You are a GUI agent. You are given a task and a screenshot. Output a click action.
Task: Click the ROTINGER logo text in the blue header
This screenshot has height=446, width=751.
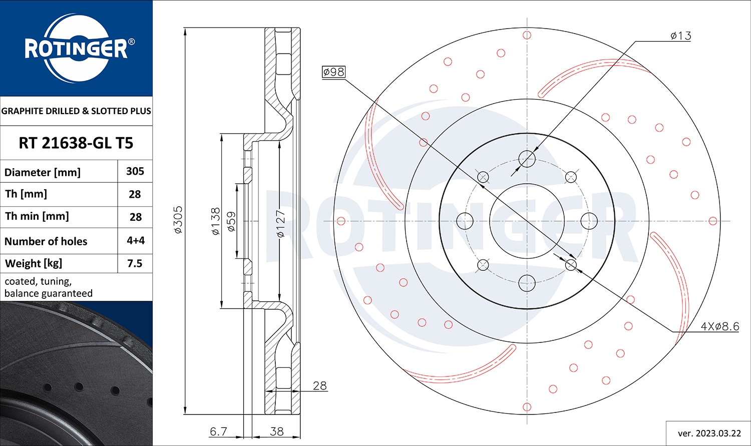[76, 49]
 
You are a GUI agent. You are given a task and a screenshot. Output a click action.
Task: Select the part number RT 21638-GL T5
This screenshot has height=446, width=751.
[76, 143]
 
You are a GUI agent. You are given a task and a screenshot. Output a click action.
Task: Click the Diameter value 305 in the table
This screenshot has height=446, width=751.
[135, 171]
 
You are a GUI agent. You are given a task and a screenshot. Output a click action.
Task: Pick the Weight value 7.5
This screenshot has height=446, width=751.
[135, 263]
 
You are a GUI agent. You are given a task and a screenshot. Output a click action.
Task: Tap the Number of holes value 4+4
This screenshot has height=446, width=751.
[135, 240]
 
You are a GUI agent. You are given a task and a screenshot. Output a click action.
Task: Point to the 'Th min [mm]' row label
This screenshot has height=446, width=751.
[37, 216]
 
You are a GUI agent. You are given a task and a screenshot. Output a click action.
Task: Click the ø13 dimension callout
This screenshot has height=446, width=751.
[680, 36]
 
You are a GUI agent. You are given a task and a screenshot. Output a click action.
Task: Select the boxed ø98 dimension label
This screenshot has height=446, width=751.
[333, 72]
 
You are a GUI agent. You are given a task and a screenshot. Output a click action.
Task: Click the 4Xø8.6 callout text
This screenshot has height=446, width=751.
[719, 326]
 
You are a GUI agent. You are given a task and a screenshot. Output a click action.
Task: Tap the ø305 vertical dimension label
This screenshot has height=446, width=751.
[178, 220]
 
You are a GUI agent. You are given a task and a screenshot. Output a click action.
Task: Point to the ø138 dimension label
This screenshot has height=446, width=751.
[215, 221]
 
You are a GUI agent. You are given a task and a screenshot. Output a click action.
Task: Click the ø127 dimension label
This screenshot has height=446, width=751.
[280, 224]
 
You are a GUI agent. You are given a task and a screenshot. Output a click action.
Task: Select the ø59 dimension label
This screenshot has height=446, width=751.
[231, 221]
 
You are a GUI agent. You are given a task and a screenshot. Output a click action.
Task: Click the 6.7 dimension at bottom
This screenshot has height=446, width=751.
[218, 431]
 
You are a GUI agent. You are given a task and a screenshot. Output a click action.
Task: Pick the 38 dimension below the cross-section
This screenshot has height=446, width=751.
[277, 431]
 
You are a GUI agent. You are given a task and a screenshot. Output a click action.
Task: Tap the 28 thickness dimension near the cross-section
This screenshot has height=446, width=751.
[319, 385]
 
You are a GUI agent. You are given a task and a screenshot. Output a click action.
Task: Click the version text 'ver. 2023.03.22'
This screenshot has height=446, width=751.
[709, 433]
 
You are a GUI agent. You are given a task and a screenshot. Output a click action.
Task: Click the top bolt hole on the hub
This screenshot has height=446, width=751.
[527, 159]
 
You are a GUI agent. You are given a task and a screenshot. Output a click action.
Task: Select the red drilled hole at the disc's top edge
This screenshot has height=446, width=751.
[527, 35]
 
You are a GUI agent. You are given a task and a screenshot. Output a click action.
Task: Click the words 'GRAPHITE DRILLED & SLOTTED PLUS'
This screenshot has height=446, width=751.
[76, 111]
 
